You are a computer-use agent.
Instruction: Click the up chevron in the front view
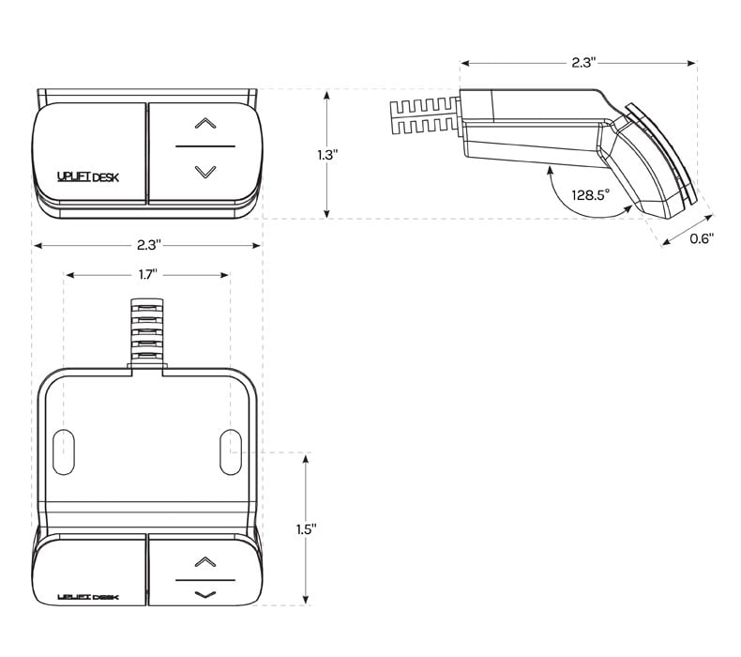[204, 122]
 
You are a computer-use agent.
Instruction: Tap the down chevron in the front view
[204, 172]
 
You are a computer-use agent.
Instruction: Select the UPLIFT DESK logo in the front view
[88, 176]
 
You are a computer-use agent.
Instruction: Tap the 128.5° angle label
[590, 195]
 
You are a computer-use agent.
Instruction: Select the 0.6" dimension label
[701, 238]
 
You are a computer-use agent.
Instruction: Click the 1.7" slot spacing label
[148, 274]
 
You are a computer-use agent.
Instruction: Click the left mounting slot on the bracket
[64, 451]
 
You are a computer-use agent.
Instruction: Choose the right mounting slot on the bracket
[230, 451]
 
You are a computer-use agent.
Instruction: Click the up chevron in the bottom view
[204, 561]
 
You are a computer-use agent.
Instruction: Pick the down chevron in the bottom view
[204, 594]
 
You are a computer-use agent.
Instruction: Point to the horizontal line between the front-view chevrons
[204, 147]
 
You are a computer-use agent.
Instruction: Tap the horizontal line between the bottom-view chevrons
[204, 578]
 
